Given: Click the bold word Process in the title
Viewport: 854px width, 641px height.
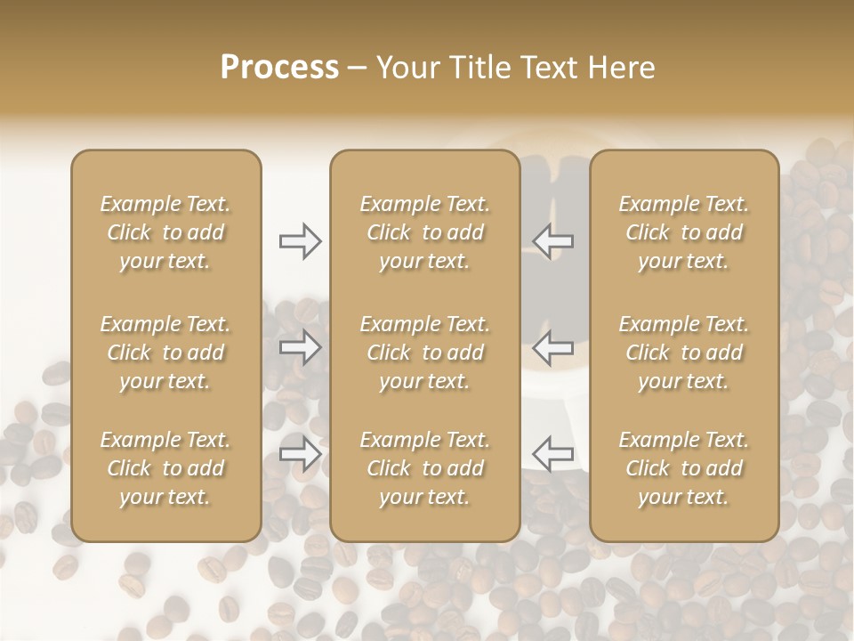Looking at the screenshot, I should [279, 68].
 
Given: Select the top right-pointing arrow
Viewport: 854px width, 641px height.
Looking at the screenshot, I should [300, 241].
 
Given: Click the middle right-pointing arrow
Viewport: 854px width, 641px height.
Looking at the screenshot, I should [300, 347].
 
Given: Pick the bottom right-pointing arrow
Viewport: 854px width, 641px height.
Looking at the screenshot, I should [300, 454].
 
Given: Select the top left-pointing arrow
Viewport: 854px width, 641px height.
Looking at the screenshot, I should [553, 241].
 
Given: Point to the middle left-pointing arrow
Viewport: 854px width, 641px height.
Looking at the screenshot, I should [553, 347].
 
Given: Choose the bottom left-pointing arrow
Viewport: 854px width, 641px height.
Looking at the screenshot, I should [553, 454].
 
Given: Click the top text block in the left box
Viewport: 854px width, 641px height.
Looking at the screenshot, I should [165, 232].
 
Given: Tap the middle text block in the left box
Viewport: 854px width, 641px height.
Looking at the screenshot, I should [165, 353].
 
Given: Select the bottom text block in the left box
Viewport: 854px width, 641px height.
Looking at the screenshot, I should [165, 468].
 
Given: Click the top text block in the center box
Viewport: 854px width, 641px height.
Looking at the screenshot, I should [424, 232].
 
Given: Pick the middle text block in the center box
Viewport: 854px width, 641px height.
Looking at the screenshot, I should [424, 353].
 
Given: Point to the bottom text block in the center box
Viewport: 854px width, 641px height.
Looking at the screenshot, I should [424, 468].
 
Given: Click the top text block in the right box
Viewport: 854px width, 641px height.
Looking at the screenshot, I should [684, 232].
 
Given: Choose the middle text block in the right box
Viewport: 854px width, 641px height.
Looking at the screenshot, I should [684, 353].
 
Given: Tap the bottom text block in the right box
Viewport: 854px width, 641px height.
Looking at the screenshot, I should [684, 468].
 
